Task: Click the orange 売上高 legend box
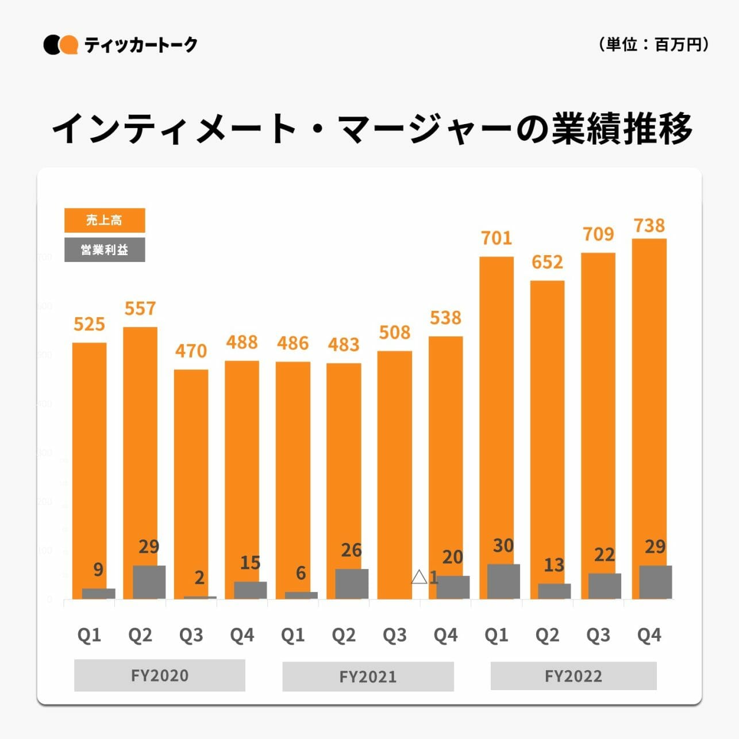coord(105,220)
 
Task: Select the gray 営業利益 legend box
coord(105,250)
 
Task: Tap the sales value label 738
coord(649,226)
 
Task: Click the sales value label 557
coord(140,309)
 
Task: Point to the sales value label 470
coord(191,351)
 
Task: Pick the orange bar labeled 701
coord(496,402)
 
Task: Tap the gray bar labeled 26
coord(352,584)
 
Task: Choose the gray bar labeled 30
coord(503,582)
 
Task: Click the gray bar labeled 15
coord(250,590)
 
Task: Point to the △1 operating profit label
coord(425,577)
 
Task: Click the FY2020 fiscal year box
coord(160,675)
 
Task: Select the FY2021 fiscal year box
coord(368,676)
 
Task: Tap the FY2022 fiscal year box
coord(574,676)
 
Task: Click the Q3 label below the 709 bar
coord(598,635)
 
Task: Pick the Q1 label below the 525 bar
coord(89,635)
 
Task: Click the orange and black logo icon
coord(60,45)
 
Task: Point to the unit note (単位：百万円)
coord(654,44)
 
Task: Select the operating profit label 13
coord(554,565)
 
